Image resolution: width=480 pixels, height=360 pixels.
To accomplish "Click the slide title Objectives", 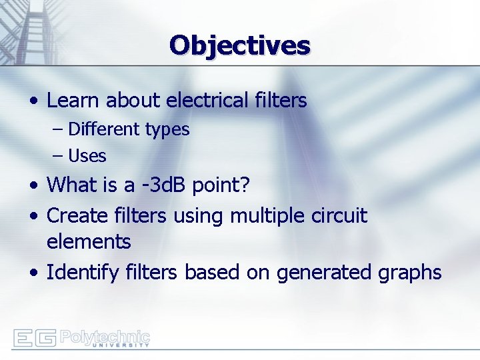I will (240, 45).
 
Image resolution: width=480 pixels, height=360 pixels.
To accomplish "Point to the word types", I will (167, 130).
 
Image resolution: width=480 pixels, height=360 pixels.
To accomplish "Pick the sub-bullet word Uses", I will (87, 156).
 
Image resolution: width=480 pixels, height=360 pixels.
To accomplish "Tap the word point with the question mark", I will (221, 185).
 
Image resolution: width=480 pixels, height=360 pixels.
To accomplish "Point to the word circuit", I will (339, 216).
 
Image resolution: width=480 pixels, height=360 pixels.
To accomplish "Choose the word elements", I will (89, 241).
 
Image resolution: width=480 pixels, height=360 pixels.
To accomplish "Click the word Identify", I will (81, 273).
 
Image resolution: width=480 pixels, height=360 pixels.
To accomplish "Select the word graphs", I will (409, 273).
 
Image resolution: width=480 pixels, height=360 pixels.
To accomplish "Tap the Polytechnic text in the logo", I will (105, 335).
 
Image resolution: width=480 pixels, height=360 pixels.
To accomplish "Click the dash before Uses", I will (57, 156).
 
